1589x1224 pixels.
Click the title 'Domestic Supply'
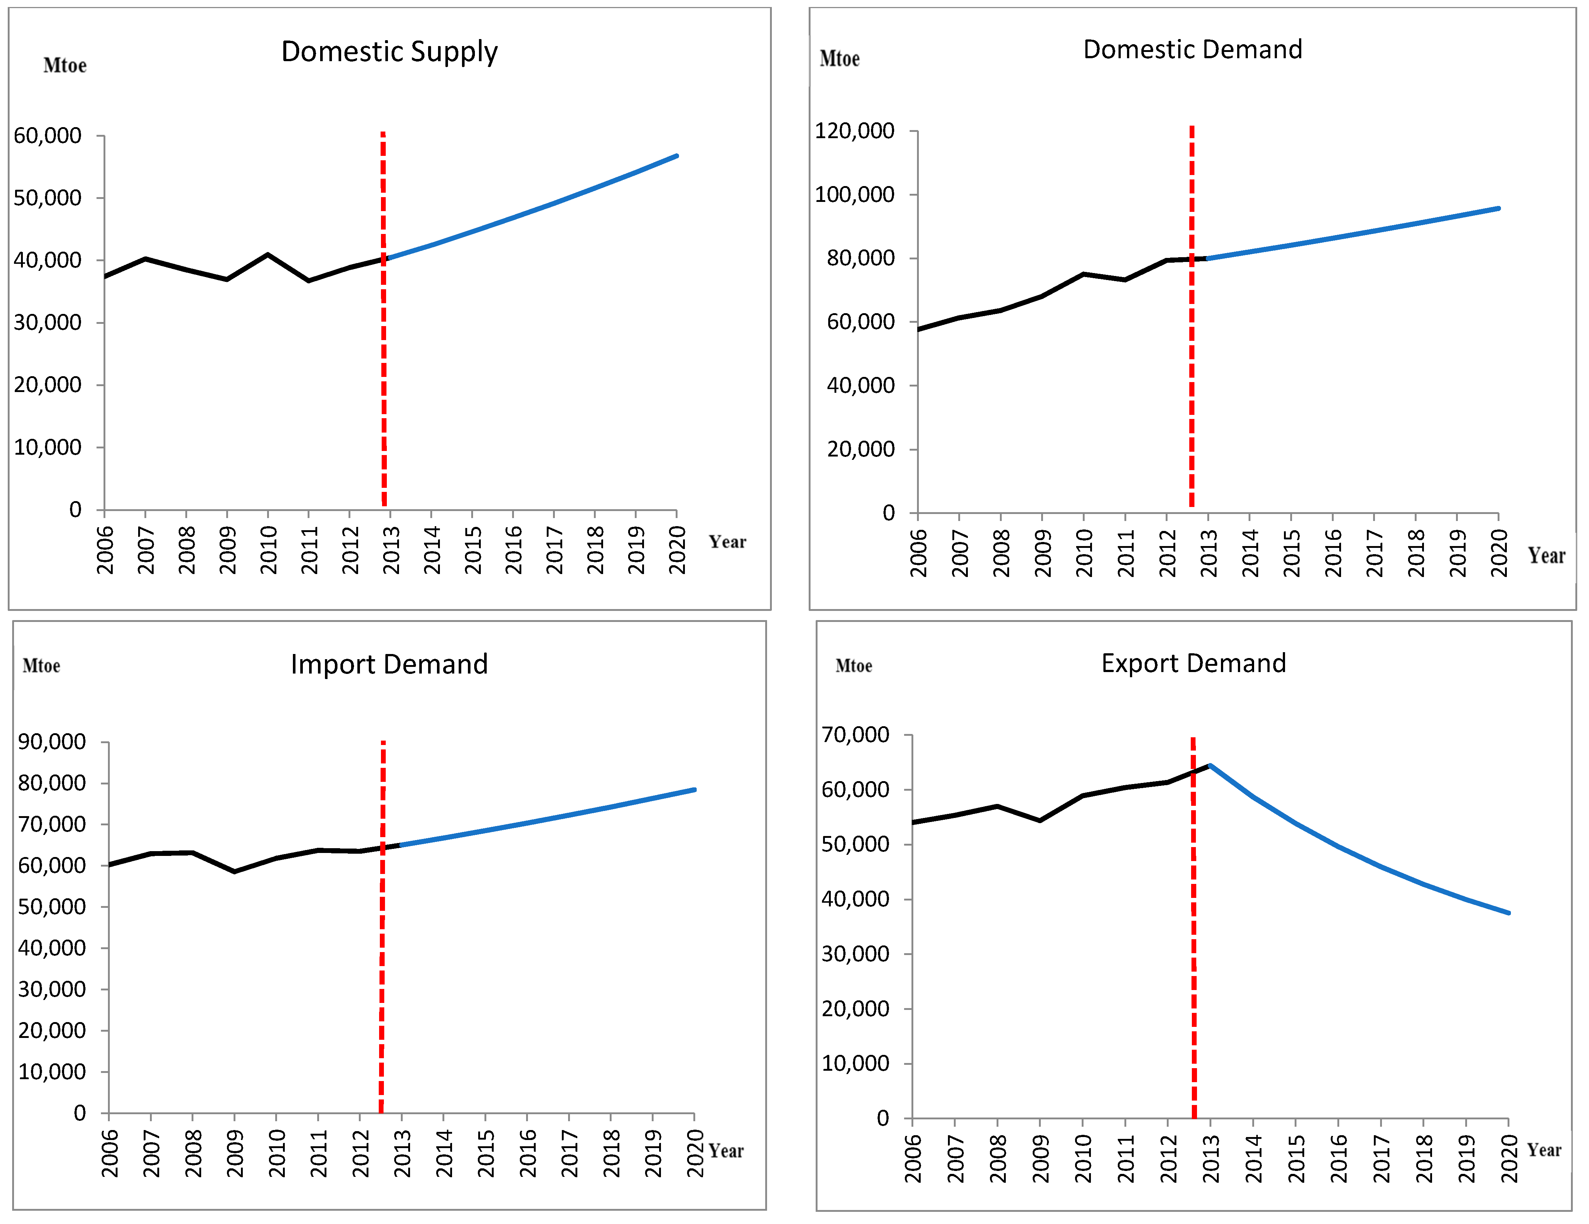point(389,52)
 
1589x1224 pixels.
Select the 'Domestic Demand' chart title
point(1192,49)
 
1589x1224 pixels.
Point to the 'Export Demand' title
point(1193,663)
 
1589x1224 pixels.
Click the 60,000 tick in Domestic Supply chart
point(47,135)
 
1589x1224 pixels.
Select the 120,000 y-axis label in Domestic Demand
point(854,131)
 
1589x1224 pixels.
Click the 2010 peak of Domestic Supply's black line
point(268,255)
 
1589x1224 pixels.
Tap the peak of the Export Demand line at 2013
point(1209,766)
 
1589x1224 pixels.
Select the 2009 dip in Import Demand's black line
point(234,871)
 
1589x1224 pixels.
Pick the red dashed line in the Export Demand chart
point(1193,946)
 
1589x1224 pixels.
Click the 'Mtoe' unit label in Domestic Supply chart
point(65,66)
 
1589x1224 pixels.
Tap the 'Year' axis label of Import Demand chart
point(726,1151)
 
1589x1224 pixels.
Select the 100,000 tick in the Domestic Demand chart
point(854,194)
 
